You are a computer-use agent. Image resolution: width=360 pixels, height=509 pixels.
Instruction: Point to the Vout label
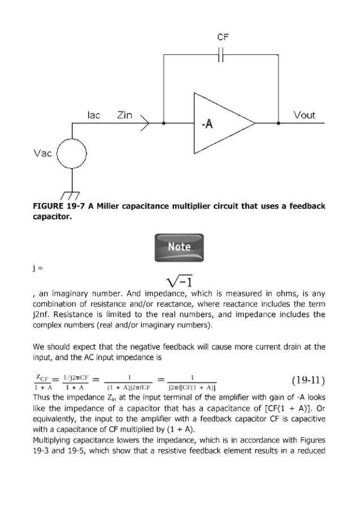pos(305,115)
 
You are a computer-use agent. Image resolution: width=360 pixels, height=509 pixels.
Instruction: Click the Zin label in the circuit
pos(124,115)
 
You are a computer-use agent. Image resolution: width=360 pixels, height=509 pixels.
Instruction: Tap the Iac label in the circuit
pos(94,115)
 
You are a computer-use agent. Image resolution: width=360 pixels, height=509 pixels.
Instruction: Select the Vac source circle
pos(72,153)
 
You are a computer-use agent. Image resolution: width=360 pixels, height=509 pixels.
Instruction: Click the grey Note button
pos(179,247)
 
